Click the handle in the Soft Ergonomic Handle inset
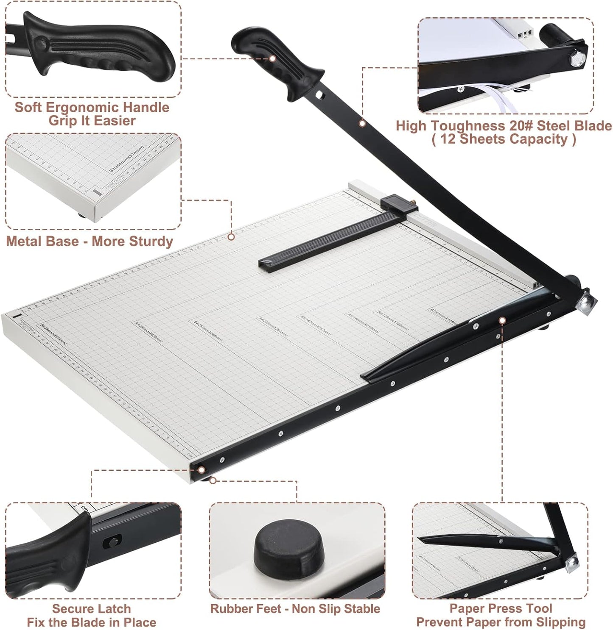pyautogui.click(x=98, y=49)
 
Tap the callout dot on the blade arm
pyautogui.click(x=362, y=123)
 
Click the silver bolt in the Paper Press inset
pyautogui.click(x=572, y=562)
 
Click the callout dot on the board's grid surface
pyautogui.click(x=231, y=237)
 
